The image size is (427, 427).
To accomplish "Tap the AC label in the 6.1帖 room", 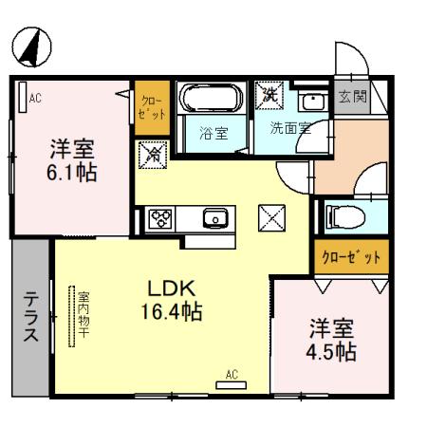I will pyautogui.click(x=35, y=97).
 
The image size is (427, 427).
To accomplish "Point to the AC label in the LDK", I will pyautogui.click(x=232, y=374).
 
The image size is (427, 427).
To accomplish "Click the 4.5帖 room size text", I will pyautogui.click(x=333, y=341).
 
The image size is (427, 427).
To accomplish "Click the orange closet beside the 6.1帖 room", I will pyautogui.click(x=151, y=107).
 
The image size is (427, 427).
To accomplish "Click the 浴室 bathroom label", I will pyautogui.click(x=213, y=132).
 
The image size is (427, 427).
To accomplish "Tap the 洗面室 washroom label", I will pyautogui.click(x=288, y=129).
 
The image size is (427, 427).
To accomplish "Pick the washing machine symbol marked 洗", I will pyautogui.click(x=269, y=96).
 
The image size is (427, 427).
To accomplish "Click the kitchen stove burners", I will pyautogui.click(x=158, y=217).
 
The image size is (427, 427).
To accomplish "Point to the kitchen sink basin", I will pyautogui.click(x=215, y=217).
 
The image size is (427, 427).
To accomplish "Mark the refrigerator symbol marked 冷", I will pyautogui.click(x=151, y=153).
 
